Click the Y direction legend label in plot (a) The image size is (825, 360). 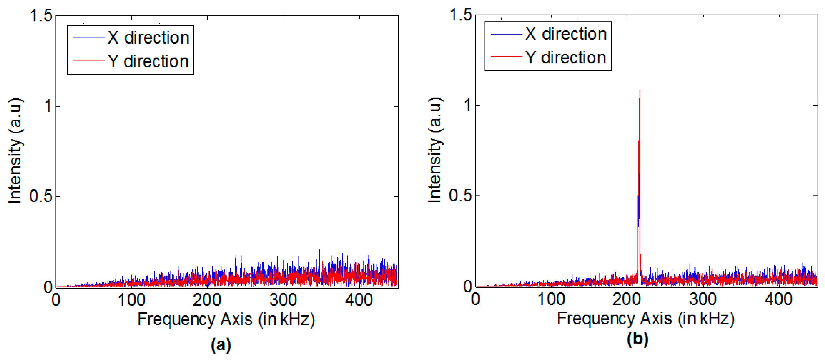[x=148, y=61]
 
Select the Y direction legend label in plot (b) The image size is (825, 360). [x=566, y=58]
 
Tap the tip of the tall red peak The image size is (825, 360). [x=640, y=90]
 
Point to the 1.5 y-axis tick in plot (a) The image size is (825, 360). [x=41, y=15]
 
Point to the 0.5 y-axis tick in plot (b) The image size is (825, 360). [x=460, y=195]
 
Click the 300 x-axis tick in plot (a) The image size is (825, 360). [x=283, y=300]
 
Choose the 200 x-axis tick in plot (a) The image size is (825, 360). [x=207, y=300]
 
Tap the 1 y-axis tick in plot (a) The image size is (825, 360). [x=48, y=106]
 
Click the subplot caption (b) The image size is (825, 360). [x=637, y=338]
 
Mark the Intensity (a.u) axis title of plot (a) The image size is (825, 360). [x=15, y=150]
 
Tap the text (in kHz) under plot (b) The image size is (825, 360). [x=706, y=319]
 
